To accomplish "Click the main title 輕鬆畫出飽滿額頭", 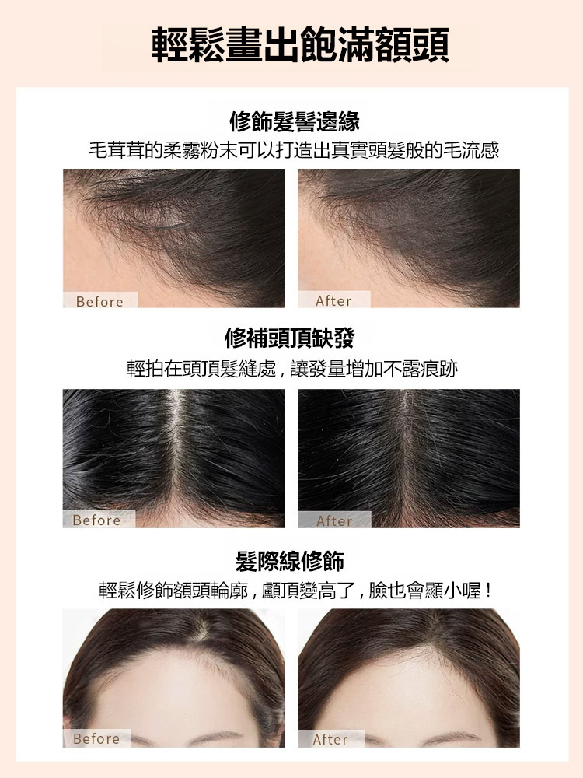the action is click(x=300, y=45).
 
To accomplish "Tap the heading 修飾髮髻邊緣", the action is click(x=295, y=121).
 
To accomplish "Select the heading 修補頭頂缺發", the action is click(x=290, y=338).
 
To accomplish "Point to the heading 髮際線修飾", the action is click(x=290, y=561).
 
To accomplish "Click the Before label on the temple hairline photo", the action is click(x=99, y=301).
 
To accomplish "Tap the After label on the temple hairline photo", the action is click(x=333, y=300).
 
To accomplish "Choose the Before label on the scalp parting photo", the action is click(x=96, y=520).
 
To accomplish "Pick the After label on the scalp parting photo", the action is click(x=334, y=520).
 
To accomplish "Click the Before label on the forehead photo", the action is click(x=96, y=738).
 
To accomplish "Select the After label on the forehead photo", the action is click(x=330, y=739).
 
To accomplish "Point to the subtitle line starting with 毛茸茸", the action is click(x=294, y=150).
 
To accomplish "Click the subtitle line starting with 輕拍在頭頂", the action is click(x=292, y=369).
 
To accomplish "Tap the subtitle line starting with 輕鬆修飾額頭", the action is click(x=295, y=591).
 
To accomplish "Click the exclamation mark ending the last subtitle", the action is click(x=489, y=591).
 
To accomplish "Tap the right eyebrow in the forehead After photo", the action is click(x=453, y=738).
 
